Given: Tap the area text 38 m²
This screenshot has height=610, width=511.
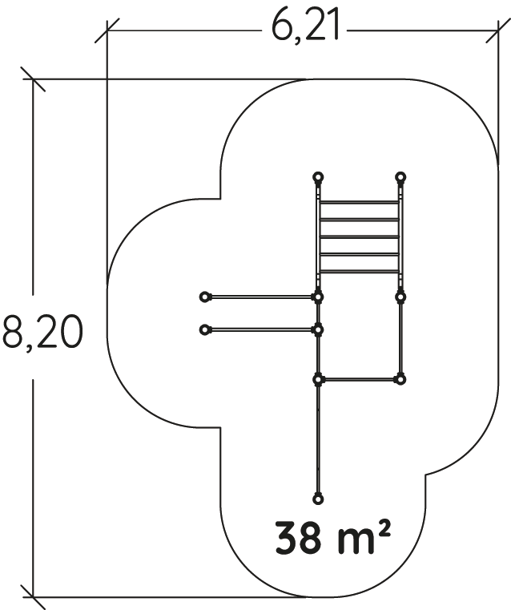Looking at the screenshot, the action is click(x=332, y=539).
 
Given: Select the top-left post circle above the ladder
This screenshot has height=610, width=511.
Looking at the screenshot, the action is click(x=318, y=177).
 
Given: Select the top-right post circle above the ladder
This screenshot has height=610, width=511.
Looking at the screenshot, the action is click(x=400, y=177).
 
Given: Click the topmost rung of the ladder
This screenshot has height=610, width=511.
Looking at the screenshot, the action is click(x=359, y=203).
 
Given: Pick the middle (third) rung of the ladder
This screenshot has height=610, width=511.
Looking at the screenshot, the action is click(x=359, y=237).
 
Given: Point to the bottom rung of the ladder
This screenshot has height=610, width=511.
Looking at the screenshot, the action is click(x=359, y=271).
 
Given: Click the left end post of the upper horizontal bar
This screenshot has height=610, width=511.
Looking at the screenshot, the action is click(x=204, y=297).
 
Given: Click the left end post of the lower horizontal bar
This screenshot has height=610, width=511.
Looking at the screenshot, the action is click(x=204, y=330).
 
